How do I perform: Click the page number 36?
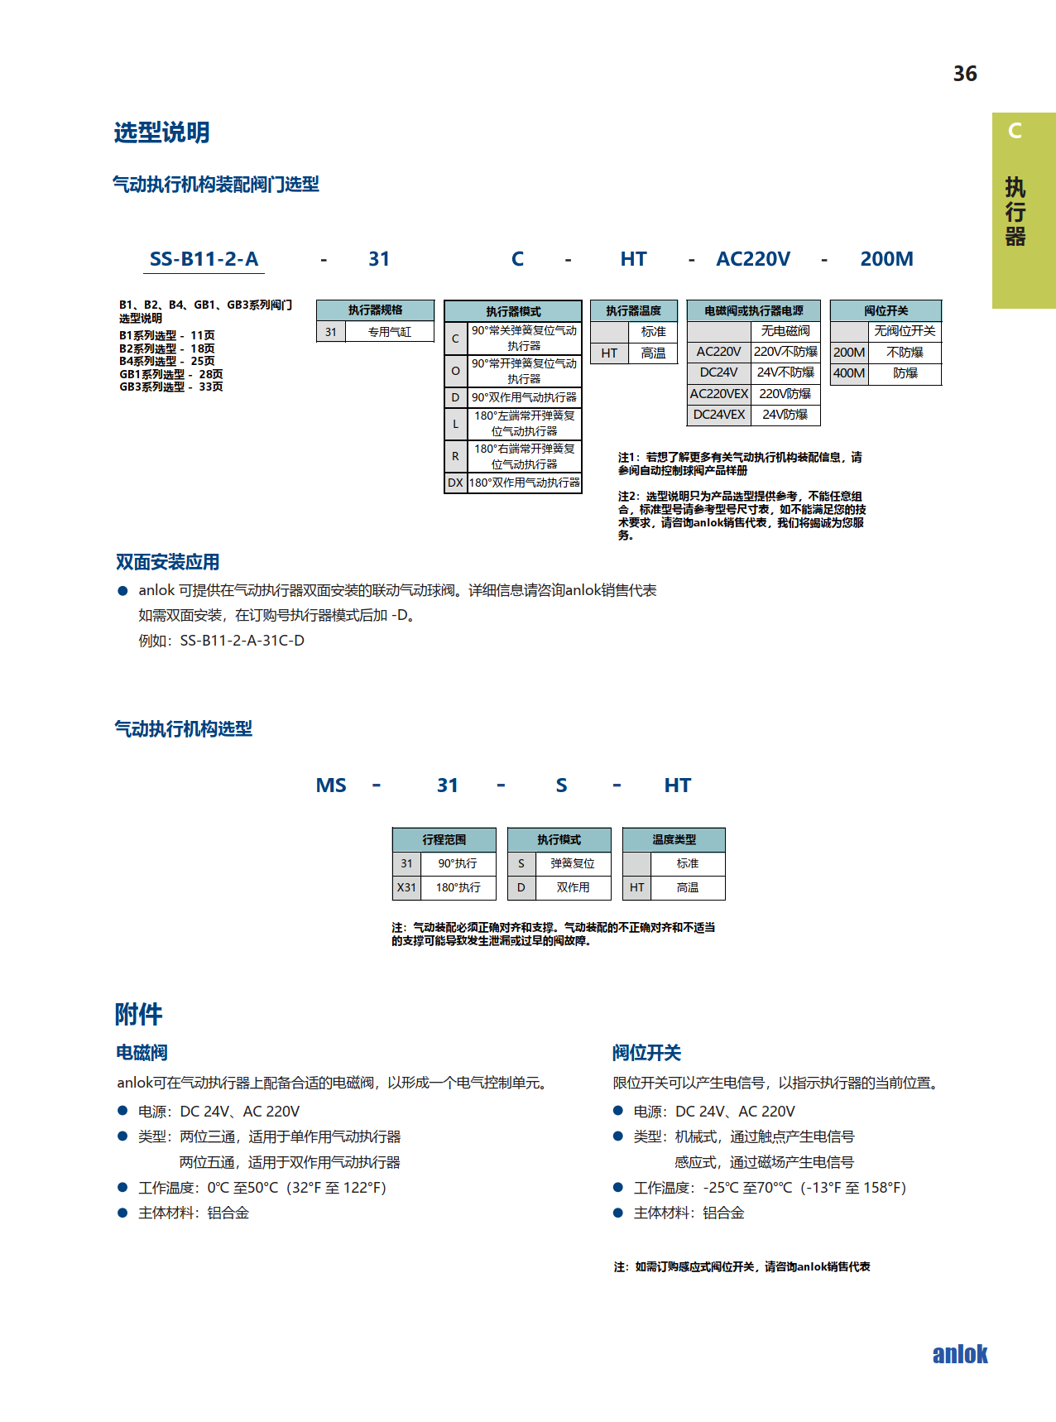tap(965, 74)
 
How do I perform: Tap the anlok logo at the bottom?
tap(959, 1354)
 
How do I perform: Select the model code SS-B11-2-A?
tap(204, 259)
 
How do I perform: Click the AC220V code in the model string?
tap(752, 259)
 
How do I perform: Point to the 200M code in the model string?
tap(886, 259)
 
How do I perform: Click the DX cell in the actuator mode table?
tap(455, 483)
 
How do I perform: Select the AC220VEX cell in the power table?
tap(718, 394)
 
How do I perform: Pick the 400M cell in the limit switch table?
tap(849, 373)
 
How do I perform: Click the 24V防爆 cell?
tap(785, 415)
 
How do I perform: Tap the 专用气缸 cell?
tap(389, 332)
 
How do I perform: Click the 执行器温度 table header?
tap(633, 311)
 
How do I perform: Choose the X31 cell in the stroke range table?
tap(406, 887)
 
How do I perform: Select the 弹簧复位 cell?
tap(572, 863)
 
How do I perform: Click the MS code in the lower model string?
tap(331, 785)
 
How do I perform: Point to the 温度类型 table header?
tap(674, 839)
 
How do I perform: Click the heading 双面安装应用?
tap(167, 562)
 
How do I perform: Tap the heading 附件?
tap(138, 1014)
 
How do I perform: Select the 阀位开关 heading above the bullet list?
tap(646, 1053)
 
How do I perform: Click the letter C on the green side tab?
tap(1015, 131)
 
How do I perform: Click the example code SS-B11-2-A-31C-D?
tap(242, 641)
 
